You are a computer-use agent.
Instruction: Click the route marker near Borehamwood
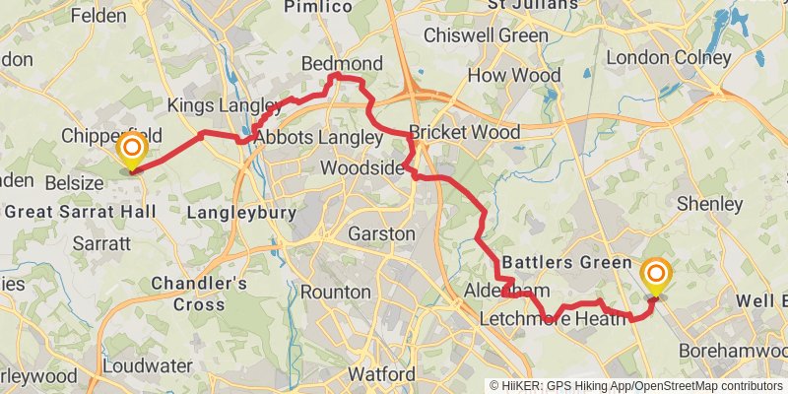[656, 277]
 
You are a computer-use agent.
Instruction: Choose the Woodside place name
[361, 168]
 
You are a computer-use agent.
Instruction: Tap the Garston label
[382, 234]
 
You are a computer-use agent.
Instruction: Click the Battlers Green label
[566, 263]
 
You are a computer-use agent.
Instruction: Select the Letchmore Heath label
[553, 319]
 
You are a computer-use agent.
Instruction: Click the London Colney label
[668, 58]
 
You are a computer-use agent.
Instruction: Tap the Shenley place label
[710, 204]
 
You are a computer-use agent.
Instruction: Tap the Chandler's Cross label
[200, 293]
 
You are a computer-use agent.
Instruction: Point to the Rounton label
[336, 293]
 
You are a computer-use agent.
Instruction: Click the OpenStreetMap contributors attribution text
[707, 386]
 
